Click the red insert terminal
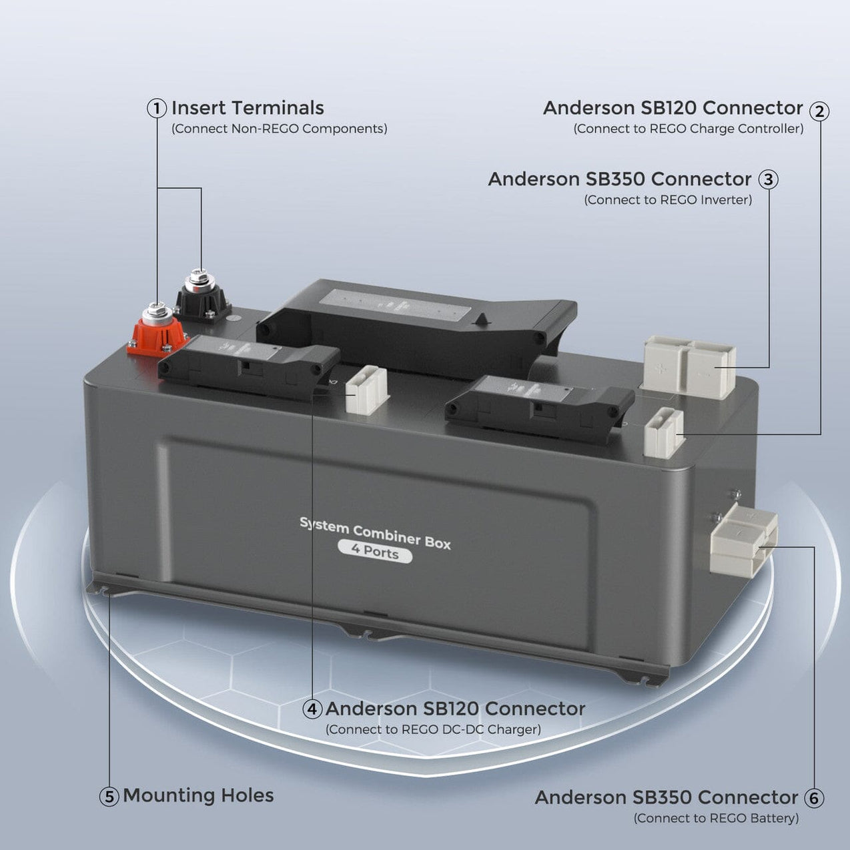coord(157,330)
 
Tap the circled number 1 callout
coord(157,109)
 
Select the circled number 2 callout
coord(819,111)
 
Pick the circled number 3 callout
coord(769,180)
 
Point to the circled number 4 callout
coord(312,709)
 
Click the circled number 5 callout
coord(109,797)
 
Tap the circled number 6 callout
coord(813,799)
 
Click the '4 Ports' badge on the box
coord(375,551)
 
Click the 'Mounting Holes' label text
coord(198,795)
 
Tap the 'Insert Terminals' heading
coord(248,108)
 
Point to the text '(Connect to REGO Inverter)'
coord(668,199)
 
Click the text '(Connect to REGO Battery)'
coord(716,818)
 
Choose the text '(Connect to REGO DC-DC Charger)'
coord(433,729)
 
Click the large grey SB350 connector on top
coord(690,367)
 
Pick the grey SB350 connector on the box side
coord(743,540)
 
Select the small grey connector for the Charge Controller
coord(664,433)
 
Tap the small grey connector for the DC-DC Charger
coord(367,390)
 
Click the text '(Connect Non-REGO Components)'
coord(279,129)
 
